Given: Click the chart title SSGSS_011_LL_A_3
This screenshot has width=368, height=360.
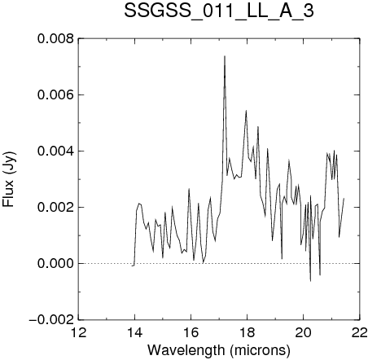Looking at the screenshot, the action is pyautogui.click(x=219, y=11).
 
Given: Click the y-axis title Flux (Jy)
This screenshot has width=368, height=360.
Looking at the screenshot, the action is pyautogui.click(x=9, y=179).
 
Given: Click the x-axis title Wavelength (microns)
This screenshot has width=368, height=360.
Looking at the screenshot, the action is pyautogui.click(x=219, y=350).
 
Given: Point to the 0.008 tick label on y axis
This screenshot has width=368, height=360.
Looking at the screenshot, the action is pyautogui.click(x=55, y=38).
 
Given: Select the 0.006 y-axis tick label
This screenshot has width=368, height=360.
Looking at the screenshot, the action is pyautogui.click(x=55, y=94).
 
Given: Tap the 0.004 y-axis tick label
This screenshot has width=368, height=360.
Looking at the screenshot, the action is pyautogui.click(x=55, y=151).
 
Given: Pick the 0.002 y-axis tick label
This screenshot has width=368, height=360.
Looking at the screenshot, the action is pyautogui.click(x=55, y=207).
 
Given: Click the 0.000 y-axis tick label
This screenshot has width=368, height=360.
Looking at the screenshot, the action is pyautogui.click(x=55, y=263).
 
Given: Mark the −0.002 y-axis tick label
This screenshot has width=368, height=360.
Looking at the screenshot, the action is pyautogui.click(x=51, y=319).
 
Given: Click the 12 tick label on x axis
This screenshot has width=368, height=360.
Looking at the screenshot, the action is pyautogui.click(x=79, y=332).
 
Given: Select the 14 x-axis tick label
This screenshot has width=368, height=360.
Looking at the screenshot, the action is pyautogui.click(x=135, y=332).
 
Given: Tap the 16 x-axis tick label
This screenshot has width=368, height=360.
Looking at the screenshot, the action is pyautogui.click(x=191, y=332).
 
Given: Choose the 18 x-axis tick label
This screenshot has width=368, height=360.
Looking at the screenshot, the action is pyautogui.click(x=248, y=332).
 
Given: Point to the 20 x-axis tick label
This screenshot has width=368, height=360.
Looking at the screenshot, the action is pyautogui.click(x=304, y=332).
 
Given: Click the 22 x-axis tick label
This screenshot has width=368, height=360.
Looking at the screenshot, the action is pyautogui.click(x=360, y=332).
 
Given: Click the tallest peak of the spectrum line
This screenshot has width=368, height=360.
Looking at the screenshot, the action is pyautogui.click(x=225, y=56).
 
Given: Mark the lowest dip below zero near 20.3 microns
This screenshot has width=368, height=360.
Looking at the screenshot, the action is pyautogui.click(x=310, y=281).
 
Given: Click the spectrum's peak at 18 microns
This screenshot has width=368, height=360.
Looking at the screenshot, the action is pyautogui.click(x=246, y=111).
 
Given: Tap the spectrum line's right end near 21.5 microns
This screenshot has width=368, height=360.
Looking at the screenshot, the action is pyautogui.click(x=344, y=199).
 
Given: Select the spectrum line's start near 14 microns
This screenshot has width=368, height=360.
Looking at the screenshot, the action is pyautogui.click(x=132, y=266).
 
